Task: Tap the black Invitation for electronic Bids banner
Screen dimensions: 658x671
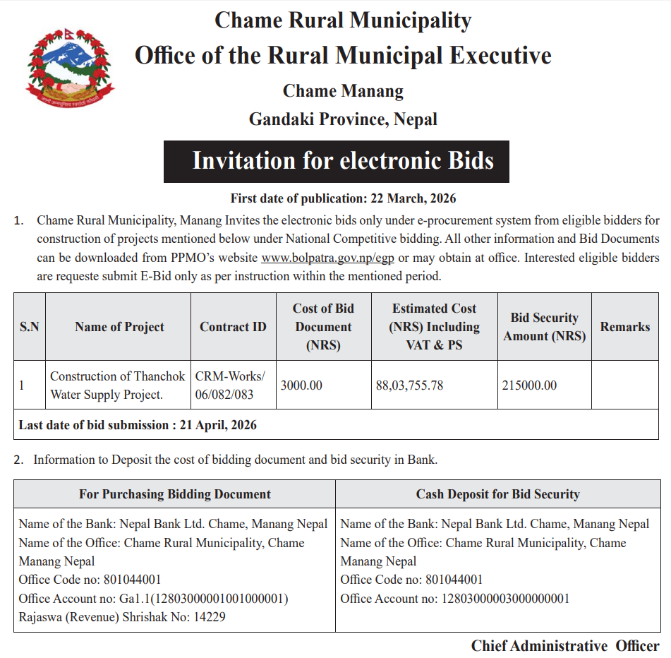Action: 337,162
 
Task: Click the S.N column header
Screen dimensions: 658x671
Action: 29,327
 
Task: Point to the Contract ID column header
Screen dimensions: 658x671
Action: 233,327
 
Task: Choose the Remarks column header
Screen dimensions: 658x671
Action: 624,327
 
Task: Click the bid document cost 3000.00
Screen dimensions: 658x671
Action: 301,385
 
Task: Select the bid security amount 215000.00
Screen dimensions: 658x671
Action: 529,385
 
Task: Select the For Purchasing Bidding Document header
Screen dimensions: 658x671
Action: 174,494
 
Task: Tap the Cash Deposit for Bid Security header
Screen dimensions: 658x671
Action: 497,494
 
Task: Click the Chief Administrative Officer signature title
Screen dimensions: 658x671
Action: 565,645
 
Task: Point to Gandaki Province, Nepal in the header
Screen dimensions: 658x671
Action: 343,119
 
